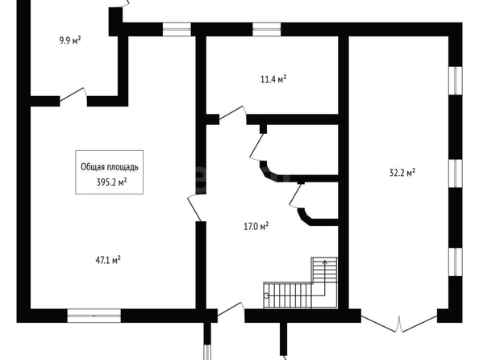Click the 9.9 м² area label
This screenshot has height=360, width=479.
(70, 40)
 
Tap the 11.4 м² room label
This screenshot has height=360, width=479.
(273, 79)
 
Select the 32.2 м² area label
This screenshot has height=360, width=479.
(402, 173)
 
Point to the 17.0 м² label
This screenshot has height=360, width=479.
(256, 227)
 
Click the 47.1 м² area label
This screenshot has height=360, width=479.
(108, 260)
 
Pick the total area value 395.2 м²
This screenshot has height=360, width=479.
(111, 182)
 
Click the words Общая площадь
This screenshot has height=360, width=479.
(110, 167)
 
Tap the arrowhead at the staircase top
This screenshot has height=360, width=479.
(325, 262)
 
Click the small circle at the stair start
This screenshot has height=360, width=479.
(266, 295)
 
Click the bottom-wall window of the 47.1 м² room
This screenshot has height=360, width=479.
(94, 316)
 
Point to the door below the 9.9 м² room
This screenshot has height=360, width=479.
(73, 95)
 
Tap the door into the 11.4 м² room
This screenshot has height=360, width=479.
(233, 115)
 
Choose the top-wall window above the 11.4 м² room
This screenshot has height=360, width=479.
(267, 29)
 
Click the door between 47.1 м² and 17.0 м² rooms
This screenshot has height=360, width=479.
(195, 207)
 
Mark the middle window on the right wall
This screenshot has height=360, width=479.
(456, 174)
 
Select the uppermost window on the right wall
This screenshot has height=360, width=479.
(456, 81)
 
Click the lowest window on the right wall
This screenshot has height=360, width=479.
(456, 262)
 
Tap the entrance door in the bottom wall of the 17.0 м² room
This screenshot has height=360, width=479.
(231, 310)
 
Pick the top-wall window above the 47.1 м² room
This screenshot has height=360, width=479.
(177, 29)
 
